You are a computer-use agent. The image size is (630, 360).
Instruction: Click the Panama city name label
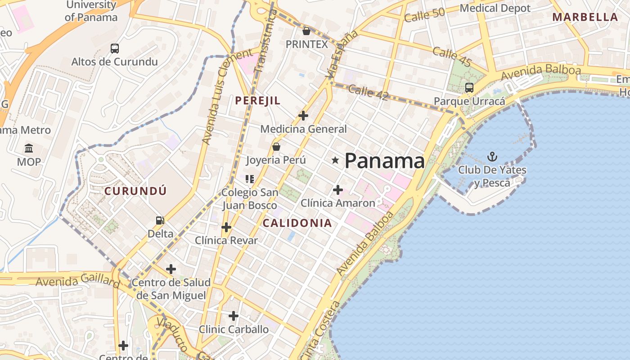[384, 161]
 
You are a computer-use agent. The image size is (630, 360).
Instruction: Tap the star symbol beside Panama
[335, 160]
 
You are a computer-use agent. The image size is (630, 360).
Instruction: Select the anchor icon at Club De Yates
[492, 157]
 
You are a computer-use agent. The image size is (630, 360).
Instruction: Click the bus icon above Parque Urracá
[469, 87]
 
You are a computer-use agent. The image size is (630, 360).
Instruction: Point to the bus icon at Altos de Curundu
[115, 48]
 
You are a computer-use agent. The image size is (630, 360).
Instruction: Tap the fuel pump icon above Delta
[160, 220]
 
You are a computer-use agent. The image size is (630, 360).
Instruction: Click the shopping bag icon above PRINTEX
[306, 31]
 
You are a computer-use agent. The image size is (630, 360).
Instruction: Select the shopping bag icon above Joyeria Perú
[276, 147]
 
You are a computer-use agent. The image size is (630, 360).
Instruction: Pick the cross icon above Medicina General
[303, 116]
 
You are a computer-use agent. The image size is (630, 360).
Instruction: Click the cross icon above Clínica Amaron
[338, 190]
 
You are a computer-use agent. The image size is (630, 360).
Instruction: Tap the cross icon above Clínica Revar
[226, 227]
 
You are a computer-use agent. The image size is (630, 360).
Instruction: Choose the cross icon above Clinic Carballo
[233, 316]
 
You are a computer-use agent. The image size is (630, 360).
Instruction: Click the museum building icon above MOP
[29, 148]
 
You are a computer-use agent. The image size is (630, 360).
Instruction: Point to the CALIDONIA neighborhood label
[297, 223]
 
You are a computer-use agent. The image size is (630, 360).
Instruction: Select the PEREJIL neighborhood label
[258, 101]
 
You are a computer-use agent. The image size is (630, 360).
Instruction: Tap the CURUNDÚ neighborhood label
[135, 191]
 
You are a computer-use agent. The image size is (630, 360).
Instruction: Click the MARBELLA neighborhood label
[585, 18]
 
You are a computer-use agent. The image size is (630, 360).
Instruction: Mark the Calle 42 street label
[368, 92]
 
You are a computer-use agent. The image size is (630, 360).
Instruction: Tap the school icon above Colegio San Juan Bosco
[250, 179]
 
